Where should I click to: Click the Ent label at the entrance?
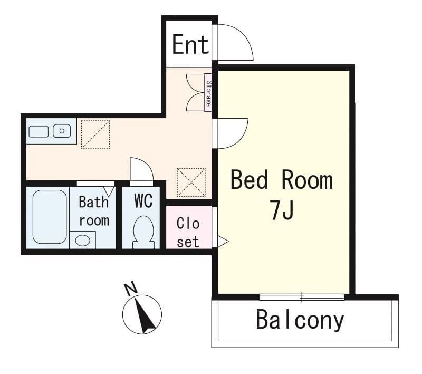[x=190, y=45]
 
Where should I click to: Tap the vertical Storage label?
[x=208, y=93]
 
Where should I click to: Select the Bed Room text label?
[x=282, y=180]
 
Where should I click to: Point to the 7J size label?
[x=282, y=211]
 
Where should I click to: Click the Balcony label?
[x=300, y=320]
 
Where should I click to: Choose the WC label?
[x=143, y=201]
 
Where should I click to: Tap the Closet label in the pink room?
[x=188, y=233]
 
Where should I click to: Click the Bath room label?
[x=94, y=211]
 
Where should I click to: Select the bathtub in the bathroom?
[x=50, y=216]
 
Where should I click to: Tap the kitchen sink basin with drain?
[x=62, y=130]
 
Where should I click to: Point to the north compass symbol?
[x=142, y=314]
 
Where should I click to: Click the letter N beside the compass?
[x=130, y=289]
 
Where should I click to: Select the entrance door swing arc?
[x=236, y=42]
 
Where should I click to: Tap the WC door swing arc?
[x=141, y=170]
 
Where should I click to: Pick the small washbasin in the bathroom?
[x=82, y=240]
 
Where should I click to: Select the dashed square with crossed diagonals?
[x=191, y=182]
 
